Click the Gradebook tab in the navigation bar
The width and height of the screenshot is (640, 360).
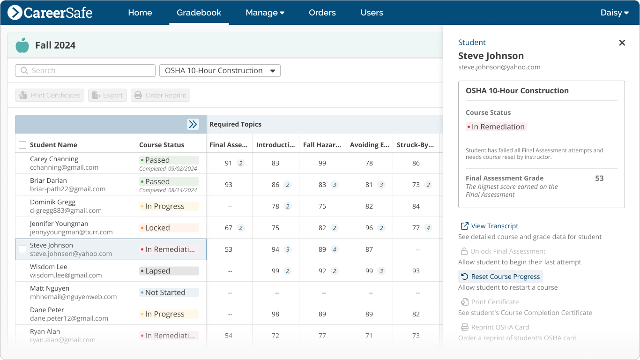pos(199,13)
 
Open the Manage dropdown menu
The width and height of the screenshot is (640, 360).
pos(265,13)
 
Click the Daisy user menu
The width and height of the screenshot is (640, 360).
pos(614,13)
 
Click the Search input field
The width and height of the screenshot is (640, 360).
pos(85,71)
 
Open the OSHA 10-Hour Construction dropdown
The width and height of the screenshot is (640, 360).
pos(220,71)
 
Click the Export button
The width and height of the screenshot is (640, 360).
pos(107,95)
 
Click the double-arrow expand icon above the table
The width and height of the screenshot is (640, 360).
pos(193,124)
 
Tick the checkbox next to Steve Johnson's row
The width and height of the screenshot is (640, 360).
pos(22,249)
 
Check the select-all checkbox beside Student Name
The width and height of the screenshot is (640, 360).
pos(22,145)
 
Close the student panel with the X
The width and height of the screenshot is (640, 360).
pos(622,43)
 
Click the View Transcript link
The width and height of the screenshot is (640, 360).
pos(494,226)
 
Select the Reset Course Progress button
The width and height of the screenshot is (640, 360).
pos(500,277)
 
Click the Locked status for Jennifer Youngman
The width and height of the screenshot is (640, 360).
pos(169,228)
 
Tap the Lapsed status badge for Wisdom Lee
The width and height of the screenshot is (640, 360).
pos(169,271)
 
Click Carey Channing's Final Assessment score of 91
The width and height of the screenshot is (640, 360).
pos(229,163)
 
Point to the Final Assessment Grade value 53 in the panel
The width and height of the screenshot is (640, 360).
pos(599,178)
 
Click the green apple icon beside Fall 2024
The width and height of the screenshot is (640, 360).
pos(22,45)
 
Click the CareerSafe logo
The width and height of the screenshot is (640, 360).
pos(50,13)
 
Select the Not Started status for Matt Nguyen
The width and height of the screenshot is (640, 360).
pos(169,292)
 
